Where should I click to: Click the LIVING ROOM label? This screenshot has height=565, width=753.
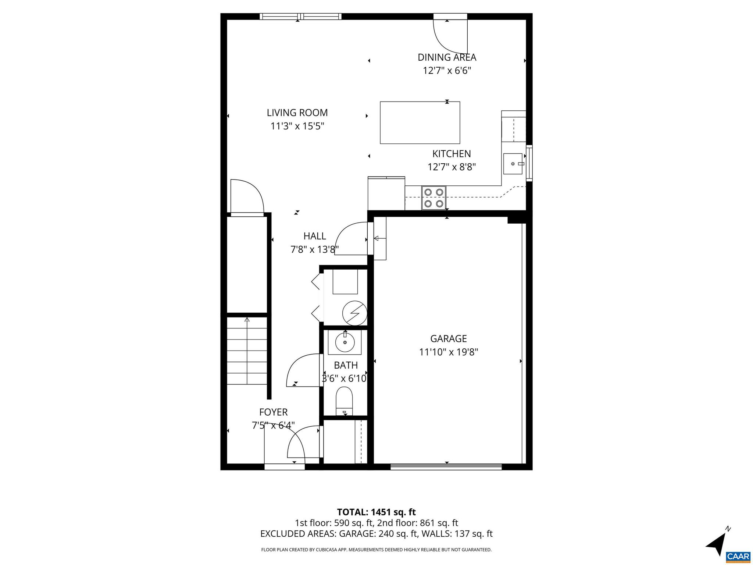(297, 113)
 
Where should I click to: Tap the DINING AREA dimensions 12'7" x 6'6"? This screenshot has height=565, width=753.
(447, 71)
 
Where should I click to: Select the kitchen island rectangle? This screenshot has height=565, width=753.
(420, 122)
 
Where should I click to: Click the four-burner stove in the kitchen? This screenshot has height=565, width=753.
(433, 198)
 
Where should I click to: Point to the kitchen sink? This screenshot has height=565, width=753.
(513, 164)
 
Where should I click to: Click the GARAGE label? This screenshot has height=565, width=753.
(448, 338)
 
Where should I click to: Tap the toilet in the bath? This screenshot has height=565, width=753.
(344, 401)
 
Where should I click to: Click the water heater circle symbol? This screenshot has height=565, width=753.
(354, 313)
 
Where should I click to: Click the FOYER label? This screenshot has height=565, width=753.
(273, 412)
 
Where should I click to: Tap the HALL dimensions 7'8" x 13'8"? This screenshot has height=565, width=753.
(314, 250)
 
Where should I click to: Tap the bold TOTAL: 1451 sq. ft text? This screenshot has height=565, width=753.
(376, 512)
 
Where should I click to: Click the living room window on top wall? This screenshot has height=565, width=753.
(300, 16)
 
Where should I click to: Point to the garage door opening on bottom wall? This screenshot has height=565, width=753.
(446, 467)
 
